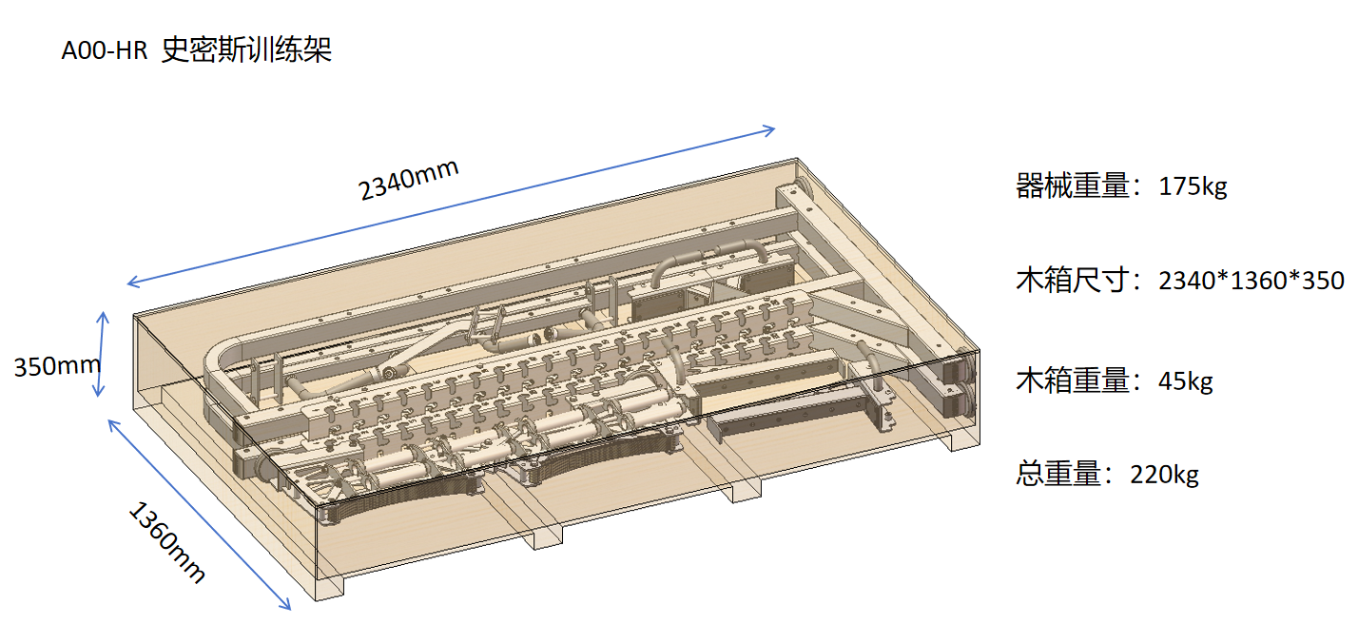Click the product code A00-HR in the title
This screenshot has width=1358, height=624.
(x=105, y=50)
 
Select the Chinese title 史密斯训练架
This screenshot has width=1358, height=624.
(x=246, y=49)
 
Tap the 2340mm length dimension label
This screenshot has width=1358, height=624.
(x=408, y=180)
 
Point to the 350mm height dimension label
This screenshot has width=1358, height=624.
(x=57, y=366)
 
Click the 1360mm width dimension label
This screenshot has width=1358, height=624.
(x=167, y=541)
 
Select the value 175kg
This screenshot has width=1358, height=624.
(x=1193, y=186)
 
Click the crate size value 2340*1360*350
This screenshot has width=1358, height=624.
(x=1251, y=281)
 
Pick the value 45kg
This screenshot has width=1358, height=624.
(x=1185, y=381)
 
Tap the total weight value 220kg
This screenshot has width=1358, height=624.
(x=1164, y=475)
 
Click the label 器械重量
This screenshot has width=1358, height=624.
(x=1073, y=186)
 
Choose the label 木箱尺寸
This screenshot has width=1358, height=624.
(x=1073, y=281)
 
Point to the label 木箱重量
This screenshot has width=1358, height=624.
(x=1073, y=381)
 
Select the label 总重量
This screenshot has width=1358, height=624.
(x=1058, y=475)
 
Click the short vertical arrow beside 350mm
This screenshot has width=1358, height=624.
(x=101, y=355)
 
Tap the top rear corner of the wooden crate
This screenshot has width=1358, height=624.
(x=797, y=159)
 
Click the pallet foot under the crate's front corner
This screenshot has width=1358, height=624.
(x=330, y=587)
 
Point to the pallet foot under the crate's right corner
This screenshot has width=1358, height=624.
(x=964, y=440)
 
